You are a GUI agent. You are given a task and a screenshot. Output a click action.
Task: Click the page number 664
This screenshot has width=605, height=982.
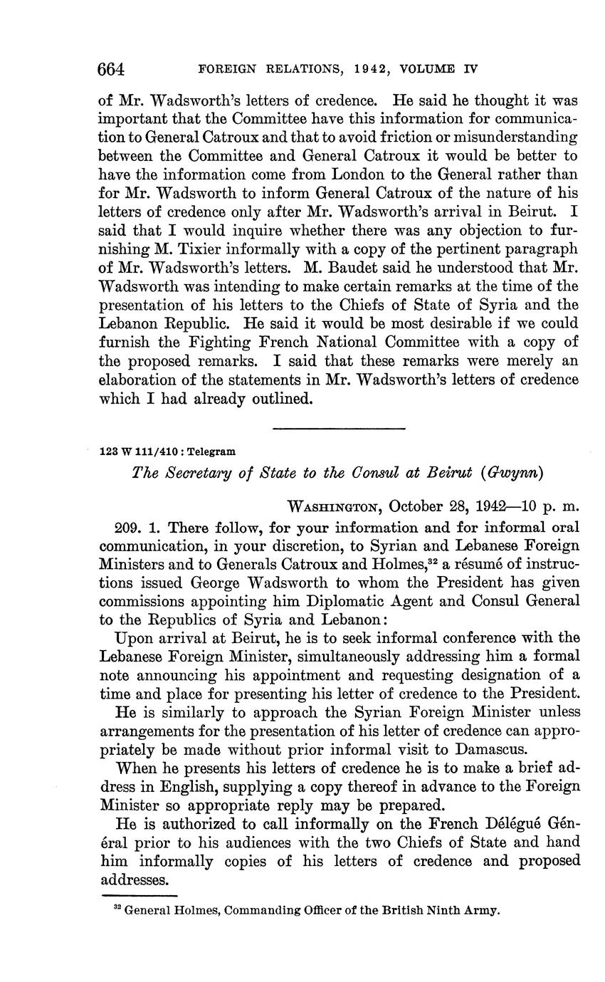(111, 69)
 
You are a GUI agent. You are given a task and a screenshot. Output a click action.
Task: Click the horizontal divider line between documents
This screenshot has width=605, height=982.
(338, 428)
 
